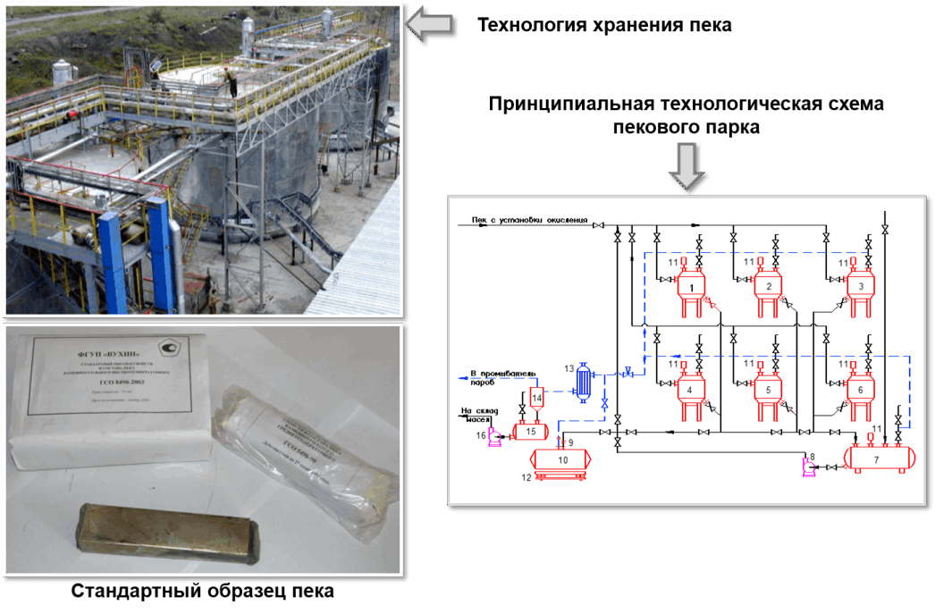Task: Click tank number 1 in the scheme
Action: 691,287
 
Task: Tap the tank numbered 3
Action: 860,287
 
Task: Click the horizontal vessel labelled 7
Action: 877,458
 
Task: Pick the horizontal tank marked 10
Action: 562,458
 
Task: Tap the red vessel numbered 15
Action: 531,431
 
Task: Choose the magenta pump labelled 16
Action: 493,436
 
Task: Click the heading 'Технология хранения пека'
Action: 604,25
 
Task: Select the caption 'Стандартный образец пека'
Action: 202,592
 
